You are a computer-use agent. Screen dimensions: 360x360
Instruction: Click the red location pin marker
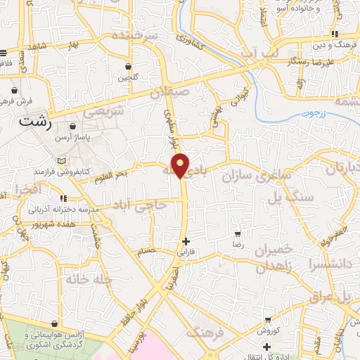tap(181, 165)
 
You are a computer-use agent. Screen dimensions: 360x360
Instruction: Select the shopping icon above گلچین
tap(129, 67)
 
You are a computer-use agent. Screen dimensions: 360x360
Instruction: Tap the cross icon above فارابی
tap(186, 240)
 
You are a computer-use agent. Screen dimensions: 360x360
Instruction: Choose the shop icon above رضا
tap(238, 233)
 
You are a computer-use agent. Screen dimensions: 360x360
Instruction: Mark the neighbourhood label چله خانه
tap(90, 280)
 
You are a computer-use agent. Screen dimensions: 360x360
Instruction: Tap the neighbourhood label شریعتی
tap(103, 111)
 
